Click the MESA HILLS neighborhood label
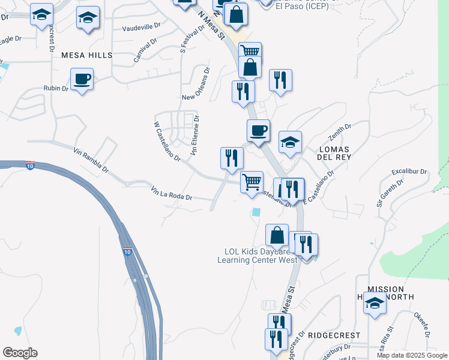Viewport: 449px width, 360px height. pos(86,55)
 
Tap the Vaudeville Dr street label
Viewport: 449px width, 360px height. pos(142,27)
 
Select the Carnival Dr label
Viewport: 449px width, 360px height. pos(148,53)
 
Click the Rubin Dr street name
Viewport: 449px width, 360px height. pos(56,89)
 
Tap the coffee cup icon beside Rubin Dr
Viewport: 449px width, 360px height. pos(82,79)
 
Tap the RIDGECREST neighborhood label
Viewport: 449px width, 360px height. pos(334,335)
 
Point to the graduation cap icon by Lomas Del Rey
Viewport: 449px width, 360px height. pos(291,143)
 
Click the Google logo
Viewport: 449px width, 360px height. pos(20,353)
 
